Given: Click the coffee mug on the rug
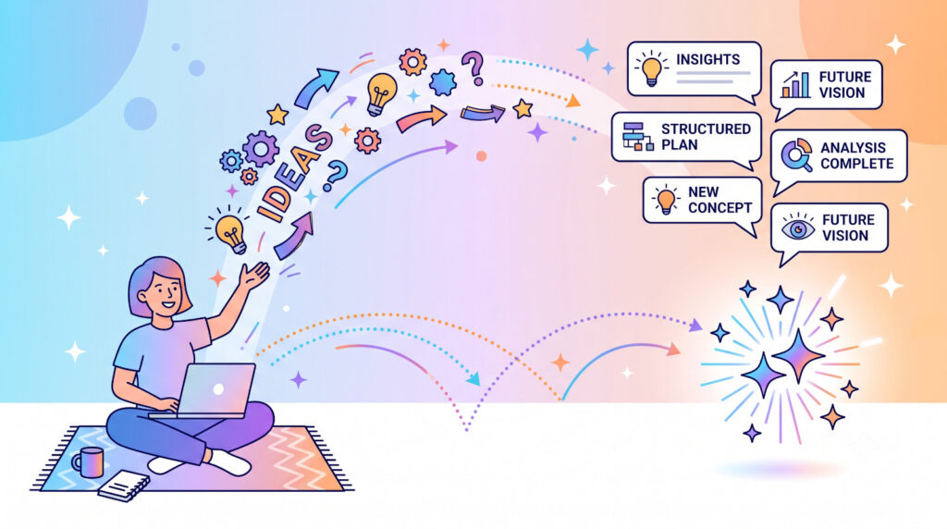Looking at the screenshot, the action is coord(89,462).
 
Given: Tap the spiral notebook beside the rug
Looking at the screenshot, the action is coord(124,486).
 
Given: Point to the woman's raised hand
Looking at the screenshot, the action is coord(254,276).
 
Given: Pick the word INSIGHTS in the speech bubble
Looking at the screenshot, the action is coord(707,59).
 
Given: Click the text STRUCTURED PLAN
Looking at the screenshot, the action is coord(706,137).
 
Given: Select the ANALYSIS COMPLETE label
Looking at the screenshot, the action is coord(856,155).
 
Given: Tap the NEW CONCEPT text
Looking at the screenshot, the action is coord(719,200).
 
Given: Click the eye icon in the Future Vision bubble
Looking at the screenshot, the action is coord(798,228).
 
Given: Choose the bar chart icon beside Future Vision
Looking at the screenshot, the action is coord(796,84).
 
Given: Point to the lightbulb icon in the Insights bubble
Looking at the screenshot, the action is coord(651,68).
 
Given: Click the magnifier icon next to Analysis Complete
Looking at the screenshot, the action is coord(796,154).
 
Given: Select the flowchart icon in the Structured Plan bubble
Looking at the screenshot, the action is coord(638,137).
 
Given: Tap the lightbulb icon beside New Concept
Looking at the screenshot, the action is coord(666,199).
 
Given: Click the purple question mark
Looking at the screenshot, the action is coord(473,68).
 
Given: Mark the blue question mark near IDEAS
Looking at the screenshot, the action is coord(337,176).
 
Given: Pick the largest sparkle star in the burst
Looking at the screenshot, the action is coord(799,356).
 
